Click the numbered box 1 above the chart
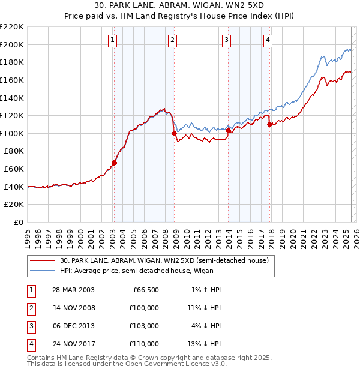point(113,40)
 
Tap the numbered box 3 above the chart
point(226,40)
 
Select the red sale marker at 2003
point(114,162)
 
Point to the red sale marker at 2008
point(174,133)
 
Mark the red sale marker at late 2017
point(270,124)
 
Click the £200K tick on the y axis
point(13,44)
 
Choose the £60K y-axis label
point(14,169)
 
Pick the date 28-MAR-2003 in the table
point(73,290)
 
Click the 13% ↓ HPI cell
point(204,344)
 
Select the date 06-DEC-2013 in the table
point(73,326)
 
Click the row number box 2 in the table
point(31,308)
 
